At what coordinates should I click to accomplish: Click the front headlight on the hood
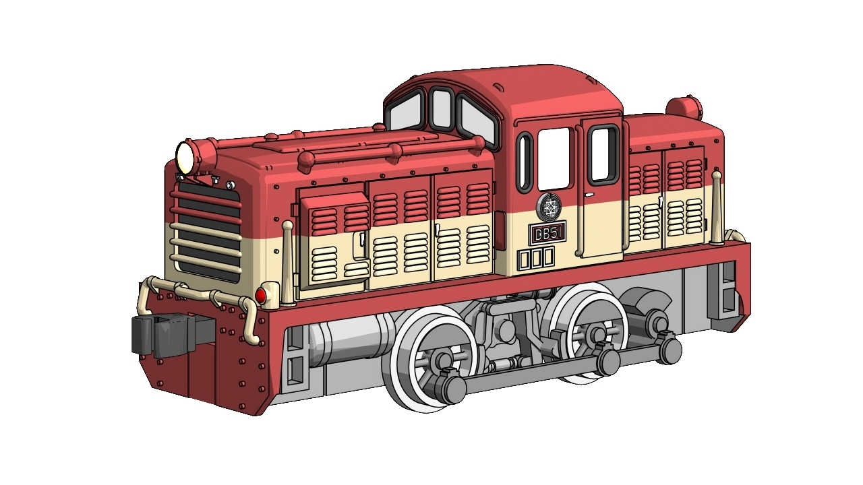pyautogui.click(x=185, y=158)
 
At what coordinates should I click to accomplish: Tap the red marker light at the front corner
pyautogui.click(x=261, y=296)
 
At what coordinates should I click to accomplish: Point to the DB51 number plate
pyautogui.click(x=546, y=233)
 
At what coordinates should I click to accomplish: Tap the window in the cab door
pyautogui.click(x=603, y=154)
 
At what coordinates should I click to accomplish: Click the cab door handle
pyautogui.click(x=589, y=196)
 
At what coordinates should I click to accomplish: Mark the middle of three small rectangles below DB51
pyautogui.click(x=536, y=258)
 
